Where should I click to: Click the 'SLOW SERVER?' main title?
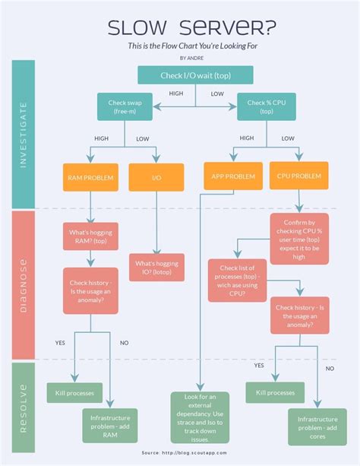pos(191,28)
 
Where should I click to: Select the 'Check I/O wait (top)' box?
pos(195,74)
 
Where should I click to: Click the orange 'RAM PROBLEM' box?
pos(90,177)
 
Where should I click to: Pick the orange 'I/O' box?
pos(156,177)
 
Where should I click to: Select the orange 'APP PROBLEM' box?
pos(229,176)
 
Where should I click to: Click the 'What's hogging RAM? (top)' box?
pos(90,235)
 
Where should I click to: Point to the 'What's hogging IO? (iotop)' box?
pos(156,268)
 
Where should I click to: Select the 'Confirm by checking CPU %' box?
pos(298,237)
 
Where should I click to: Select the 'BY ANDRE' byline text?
pos(192,58)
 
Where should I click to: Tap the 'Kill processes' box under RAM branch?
pos(74,392)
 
